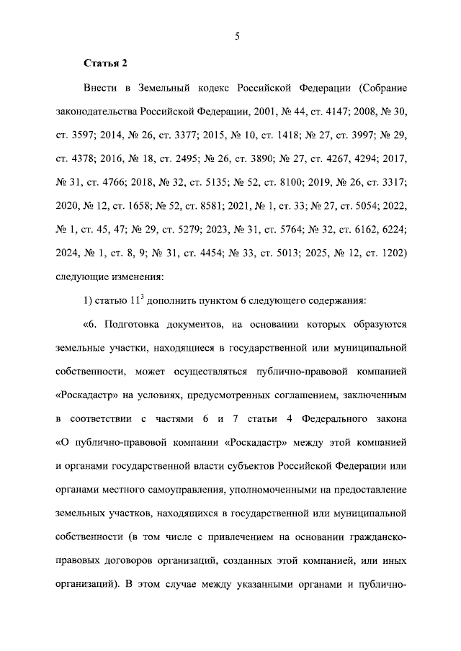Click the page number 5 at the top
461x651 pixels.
point(236,37)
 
